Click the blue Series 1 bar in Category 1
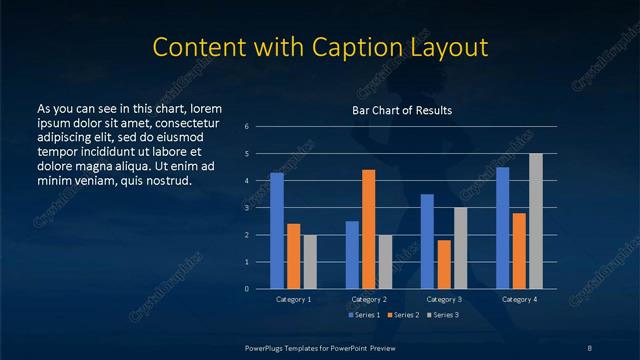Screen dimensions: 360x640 click(277, 231)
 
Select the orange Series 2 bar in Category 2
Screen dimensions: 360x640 click(369, 229)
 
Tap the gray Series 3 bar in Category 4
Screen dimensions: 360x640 click(536, 221)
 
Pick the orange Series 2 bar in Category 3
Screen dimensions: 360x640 click(444, 264)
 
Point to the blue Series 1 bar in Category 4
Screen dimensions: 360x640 click(503, 228)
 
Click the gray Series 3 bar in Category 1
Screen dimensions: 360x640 click(310, 262)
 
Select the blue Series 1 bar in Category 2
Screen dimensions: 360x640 click(352, 255)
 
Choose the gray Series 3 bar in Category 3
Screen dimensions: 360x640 click(461, 248)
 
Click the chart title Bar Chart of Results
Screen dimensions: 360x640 click(402, 110)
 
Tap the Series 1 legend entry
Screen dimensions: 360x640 click(363, 315)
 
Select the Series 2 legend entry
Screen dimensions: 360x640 click(403, 315)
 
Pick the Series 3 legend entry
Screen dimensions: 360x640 click(443, 315)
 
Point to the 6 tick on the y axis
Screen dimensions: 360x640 click(246, 127)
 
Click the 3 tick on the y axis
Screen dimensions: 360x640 click(246, 208)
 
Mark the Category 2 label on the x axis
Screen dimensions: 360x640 click(369, 299)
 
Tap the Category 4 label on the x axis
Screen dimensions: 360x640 click(519, 299)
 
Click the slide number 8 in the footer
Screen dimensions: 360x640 click(589, 347)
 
